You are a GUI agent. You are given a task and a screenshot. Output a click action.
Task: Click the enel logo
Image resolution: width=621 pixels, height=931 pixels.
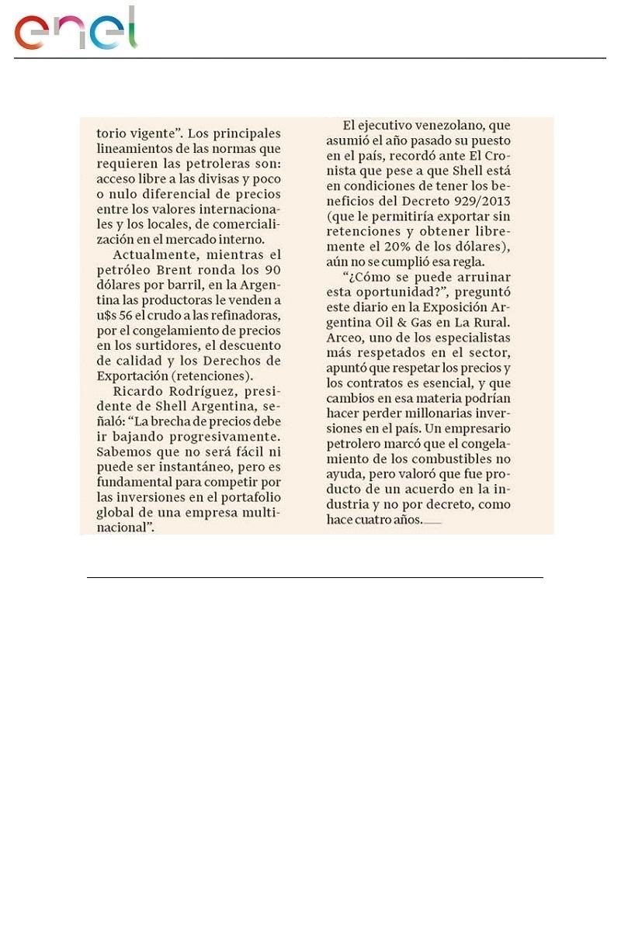click(75, 29)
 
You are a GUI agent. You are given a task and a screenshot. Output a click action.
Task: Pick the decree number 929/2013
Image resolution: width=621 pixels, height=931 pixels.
click(499, 198)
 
